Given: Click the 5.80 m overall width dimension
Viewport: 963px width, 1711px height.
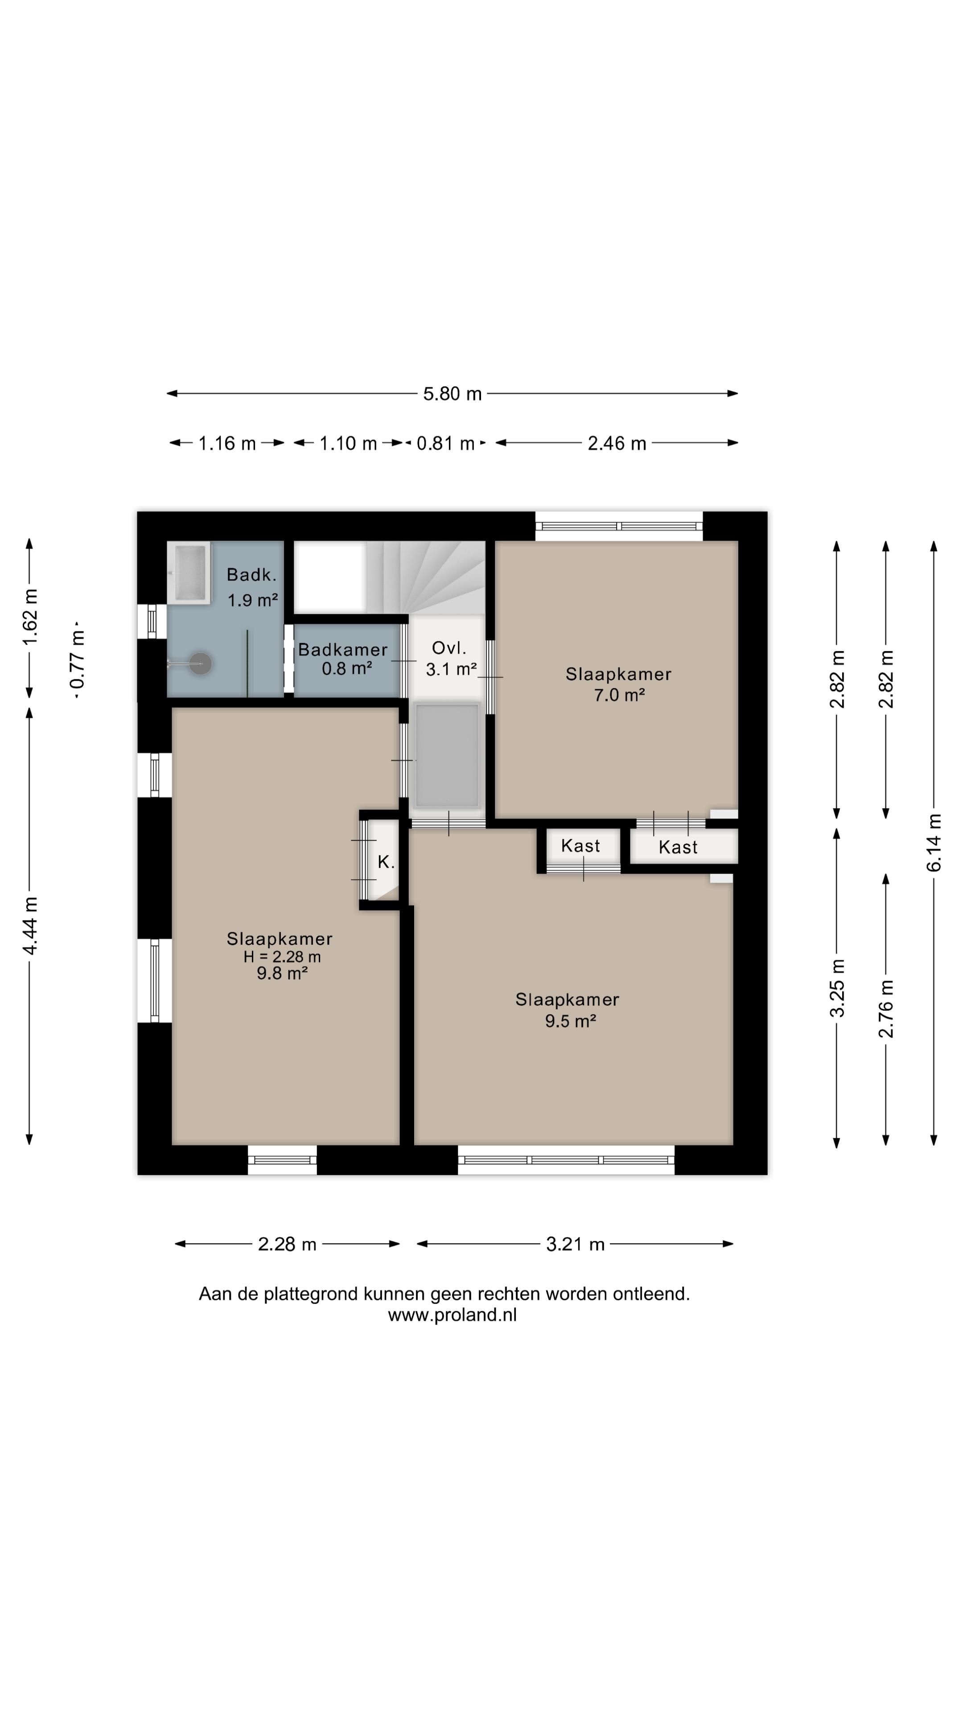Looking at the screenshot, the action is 452,393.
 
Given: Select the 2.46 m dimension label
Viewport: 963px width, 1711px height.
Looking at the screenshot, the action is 617,443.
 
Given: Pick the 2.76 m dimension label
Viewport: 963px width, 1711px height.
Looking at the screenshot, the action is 885,1009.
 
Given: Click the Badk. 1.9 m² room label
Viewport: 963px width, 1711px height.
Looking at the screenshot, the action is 252,587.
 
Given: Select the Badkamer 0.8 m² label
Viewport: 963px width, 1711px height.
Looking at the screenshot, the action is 343,659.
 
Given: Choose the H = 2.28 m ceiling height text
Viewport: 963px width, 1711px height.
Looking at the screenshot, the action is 282,957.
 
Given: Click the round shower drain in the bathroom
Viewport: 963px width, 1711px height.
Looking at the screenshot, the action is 200,663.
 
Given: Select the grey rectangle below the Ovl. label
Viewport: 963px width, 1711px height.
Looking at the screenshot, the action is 447,756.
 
